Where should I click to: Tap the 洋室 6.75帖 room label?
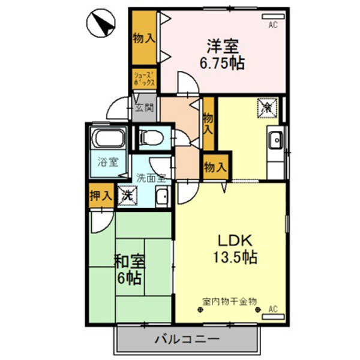pos(223,54)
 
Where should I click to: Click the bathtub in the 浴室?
pos(109,140)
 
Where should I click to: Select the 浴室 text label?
pos(108,161)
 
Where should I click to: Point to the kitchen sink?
pos(277,140)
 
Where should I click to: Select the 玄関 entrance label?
pos(143,109)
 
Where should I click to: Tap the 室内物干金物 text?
pos(229,299)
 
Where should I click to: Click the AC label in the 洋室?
pos(273,25)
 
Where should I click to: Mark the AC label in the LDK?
pos(273,310)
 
